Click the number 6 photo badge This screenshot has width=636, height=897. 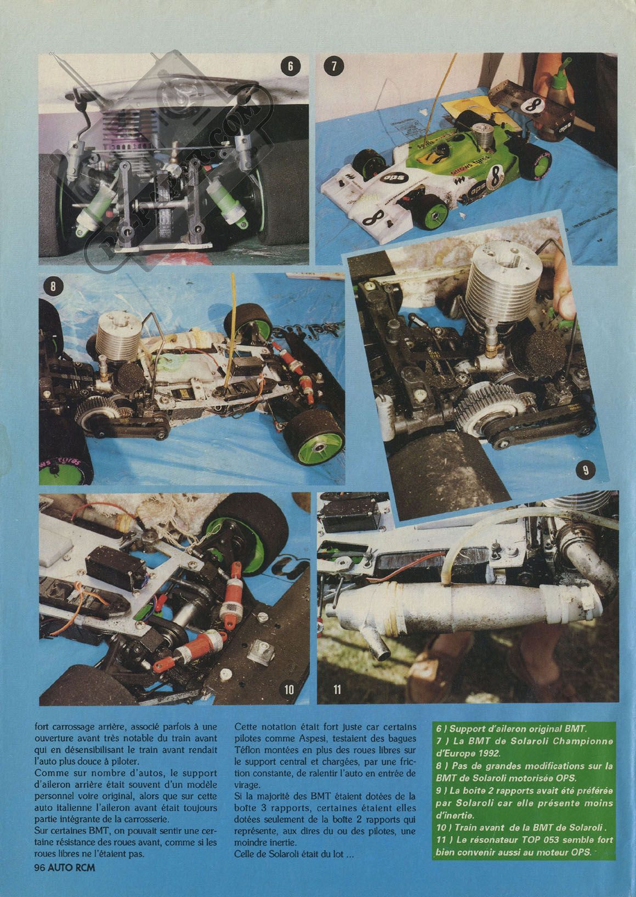point(289,66)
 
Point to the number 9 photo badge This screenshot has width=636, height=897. point(586,470)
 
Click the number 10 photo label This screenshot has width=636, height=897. point(289,689)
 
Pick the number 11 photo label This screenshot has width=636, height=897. point(337,689)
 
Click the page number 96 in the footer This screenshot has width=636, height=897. point(39,887)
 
